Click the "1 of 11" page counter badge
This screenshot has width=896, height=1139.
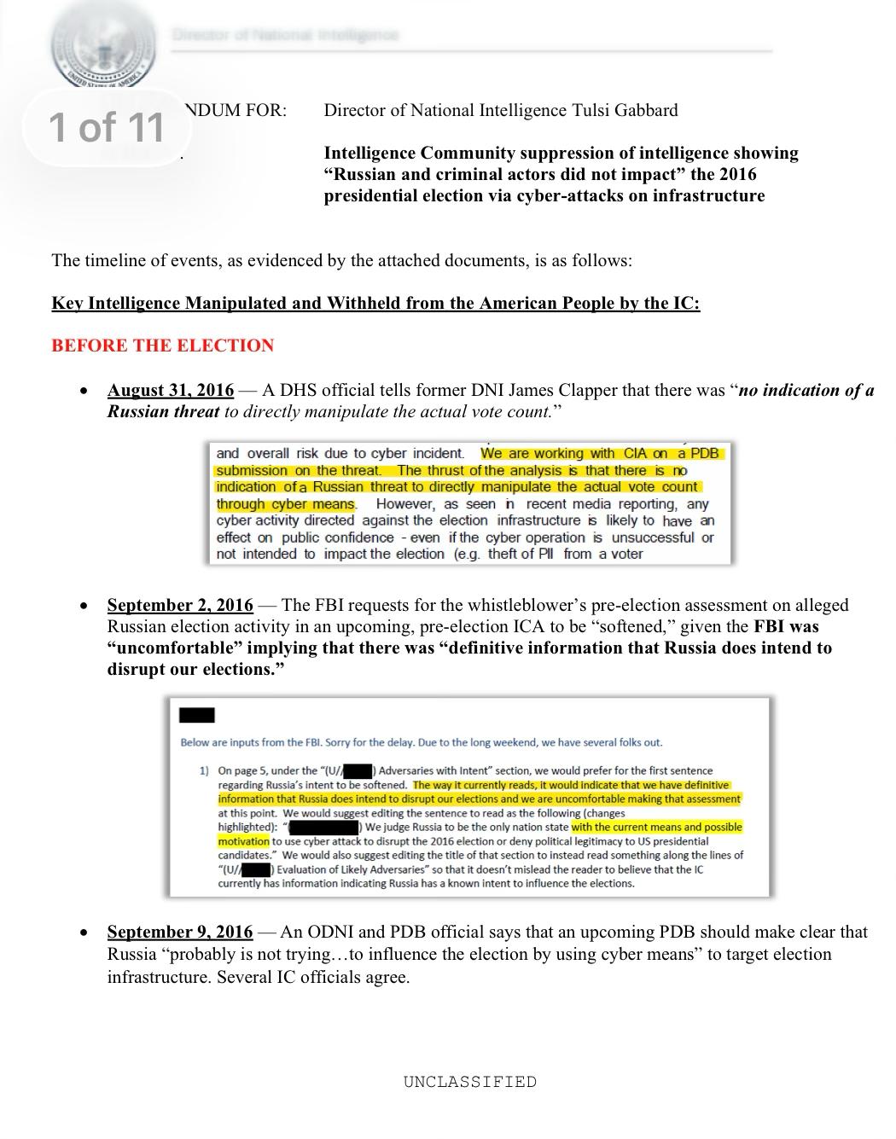tap(107, 127)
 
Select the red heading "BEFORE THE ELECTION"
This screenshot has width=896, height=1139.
tap(162, 346)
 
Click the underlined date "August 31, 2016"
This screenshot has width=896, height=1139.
tap(170, 390)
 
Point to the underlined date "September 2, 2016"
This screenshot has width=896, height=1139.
tap(180, 605)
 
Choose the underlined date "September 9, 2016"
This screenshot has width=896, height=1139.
tap(180, 932)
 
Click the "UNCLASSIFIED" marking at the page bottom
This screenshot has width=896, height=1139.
tap(470, 1082)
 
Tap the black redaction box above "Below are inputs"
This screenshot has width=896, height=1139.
tap(197, 715)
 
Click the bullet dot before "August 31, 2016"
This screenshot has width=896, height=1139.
tap(83, 391)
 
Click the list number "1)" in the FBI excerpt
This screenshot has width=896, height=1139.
tap(204, 770)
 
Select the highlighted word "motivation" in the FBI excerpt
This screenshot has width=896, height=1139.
tap(243, 841)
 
